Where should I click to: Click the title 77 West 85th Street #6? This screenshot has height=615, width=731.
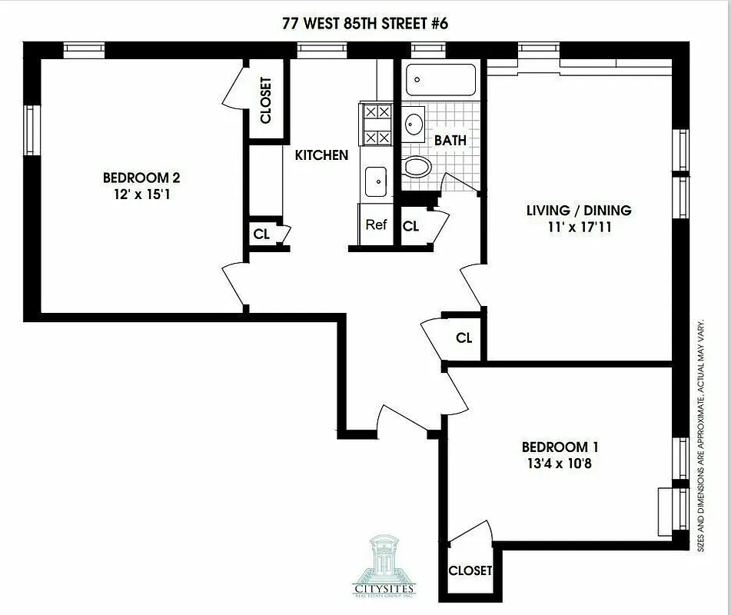(x=365, y=23)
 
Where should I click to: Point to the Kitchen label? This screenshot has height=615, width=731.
(x=321, y=155)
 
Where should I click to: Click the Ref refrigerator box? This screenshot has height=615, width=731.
(x=376, y=225)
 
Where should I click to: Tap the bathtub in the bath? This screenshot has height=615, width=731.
(x=440, y=79)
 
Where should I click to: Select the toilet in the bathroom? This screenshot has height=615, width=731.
(x=417, y=167)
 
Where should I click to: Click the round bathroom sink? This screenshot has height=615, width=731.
(x=414, y=123)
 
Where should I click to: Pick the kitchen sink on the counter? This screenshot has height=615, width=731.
(x=376, y=182)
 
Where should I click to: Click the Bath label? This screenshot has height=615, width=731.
(x=450, y=141)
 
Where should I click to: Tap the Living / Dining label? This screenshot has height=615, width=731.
(x=578, y=210)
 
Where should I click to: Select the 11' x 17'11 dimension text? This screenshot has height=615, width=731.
(x=578, y=227)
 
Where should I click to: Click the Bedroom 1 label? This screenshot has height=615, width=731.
(x=560, y=447)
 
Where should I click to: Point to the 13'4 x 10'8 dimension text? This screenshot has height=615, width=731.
(x=560, y=464)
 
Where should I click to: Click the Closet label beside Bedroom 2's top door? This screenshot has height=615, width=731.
(x=266, y=100)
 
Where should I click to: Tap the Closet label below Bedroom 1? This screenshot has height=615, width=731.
(x=470, y=570)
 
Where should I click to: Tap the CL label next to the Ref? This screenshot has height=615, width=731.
(x=411, y=226)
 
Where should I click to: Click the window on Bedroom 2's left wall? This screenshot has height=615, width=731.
(x=31, y=130)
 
